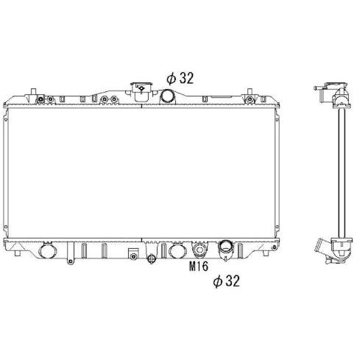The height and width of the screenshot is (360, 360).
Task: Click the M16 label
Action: click(x=199, y=267)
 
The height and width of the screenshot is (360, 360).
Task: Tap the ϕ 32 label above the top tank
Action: click(x=180, y=78)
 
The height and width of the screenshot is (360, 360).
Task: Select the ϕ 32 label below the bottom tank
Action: click(x=226, y=281)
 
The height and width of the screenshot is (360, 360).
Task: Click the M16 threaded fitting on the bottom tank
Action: click(x=200, y=250)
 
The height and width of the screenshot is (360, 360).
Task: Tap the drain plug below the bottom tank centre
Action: click(x=152, y=258)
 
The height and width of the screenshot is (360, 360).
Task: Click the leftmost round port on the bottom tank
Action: click(x=48, y=250)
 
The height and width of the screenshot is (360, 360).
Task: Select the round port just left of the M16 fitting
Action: click(x=178, y=250)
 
